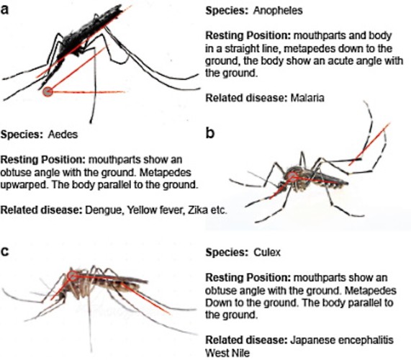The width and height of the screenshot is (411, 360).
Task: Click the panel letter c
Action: pyautogui.click(x=5, y=251)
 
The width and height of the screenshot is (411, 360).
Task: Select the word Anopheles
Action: pyautogui.click(x=278, y=11)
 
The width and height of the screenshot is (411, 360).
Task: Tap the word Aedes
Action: pyautogui.click(x=63, y=135)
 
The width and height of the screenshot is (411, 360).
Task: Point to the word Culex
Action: pyautogui.click(x=267, y=252)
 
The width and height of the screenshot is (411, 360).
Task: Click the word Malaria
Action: pyautogui.click(x=307, y=98)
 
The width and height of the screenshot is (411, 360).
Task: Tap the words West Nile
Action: pyautogui.click(x=227, y=353)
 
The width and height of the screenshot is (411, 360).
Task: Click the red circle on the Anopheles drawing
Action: pyautogui.click(x=48, y=91)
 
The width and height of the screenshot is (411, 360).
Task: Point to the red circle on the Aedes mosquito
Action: pyautogui.click(x=292, y=177)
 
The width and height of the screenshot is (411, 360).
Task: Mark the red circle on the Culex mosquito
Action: pyautogui.click(x=72, y=276)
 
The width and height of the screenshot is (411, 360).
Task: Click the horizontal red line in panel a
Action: pyautogui.click(x=89, y=92)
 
